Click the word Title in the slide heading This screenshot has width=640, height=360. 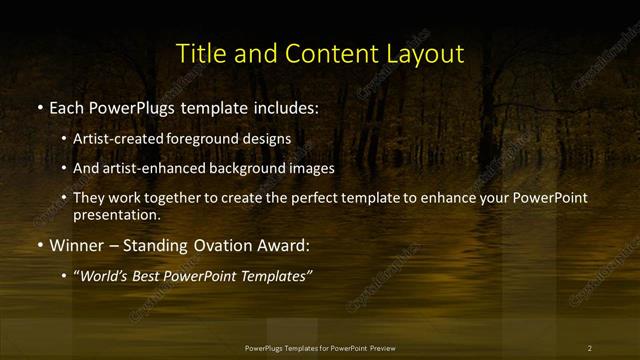[x=199, y=52]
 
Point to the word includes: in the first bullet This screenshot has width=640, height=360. [x=283, y=106]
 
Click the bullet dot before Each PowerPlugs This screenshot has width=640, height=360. [x=39, y=107]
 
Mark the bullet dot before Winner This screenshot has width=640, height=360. [x=39, y=245]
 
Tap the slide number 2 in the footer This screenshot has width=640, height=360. [x=589, y=348]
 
